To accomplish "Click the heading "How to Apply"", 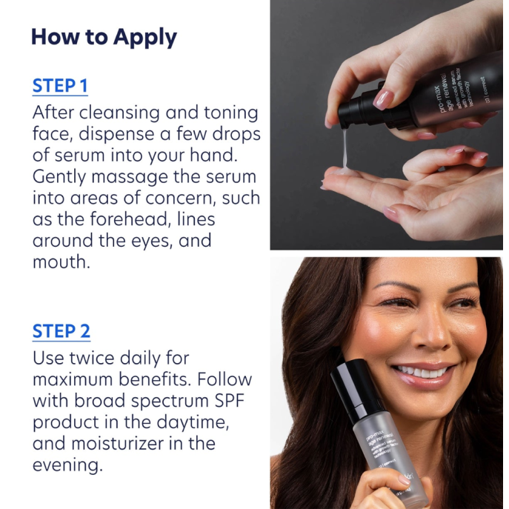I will [104, 37].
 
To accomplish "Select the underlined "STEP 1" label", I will [60, 85].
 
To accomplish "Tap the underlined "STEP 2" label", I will [61, 330].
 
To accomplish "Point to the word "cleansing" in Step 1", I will [122, 113].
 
